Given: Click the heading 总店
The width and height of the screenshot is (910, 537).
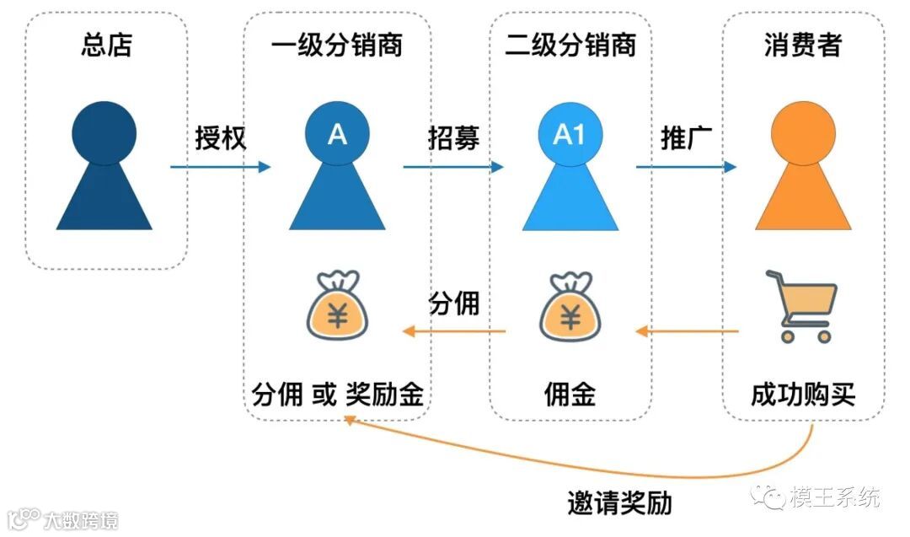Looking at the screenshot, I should click(x=106, y=45).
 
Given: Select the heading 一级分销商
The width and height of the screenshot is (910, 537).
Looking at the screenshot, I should click(x=337, y=45).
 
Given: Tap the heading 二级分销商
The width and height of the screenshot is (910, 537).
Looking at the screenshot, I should click(x=570, y=45).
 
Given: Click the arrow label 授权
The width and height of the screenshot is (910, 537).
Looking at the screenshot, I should click(x=221, y=137).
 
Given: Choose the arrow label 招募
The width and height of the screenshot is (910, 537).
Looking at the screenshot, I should click(x=454, y=137).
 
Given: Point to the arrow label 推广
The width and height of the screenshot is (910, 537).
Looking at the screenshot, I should click(x=688, y=137).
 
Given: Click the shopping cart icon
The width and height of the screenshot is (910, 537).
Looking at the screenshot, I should click(x=801, y=304).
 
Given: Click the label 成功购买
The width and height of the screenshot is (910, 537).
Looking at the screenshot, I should click(x=803, y=394).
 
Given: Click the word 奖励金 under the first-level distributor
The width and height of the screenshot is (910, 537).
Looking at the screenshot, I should click(x=384, y=394).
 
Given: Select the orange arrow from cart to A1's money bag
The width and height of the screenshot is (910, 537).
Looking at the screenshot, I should click(x=687, y=331).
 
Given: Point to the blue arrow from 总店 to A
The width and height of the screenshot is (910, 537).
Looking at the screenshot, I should click(x=221, y=167).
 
